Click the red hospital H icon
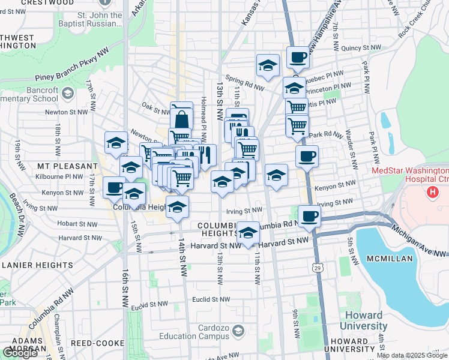(431, 192)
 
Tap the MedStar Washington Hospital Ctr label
(410, 175)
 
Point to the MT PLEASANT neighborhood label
(67, 166)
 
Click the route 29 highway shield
(316, 266)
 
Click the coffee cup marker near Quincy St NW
(298, 58)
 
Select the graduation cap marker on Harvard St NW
(247, 232)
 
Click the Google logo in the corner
(20, 353)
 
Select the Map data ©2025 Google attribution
(412, 356)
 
